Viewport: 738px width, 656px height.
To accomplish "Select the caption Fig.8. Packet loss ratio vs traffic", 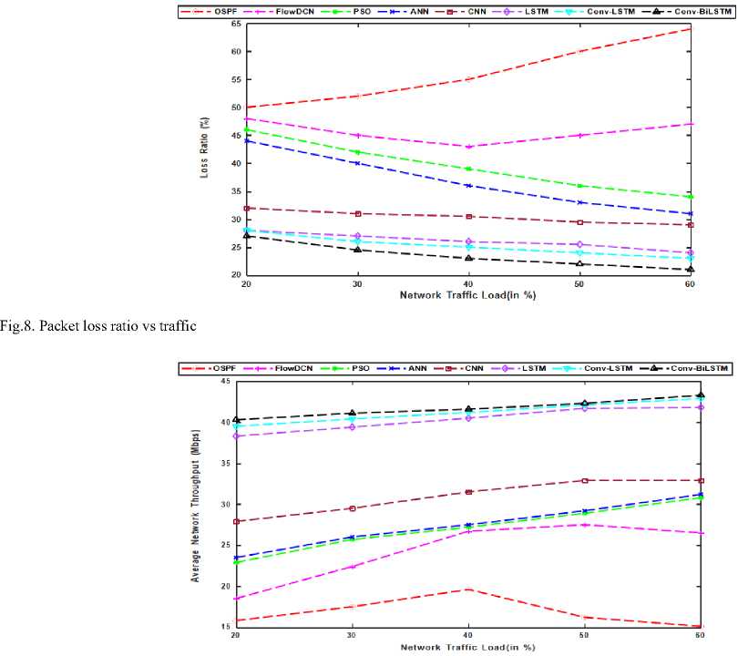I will pyautogui.click(x=98, y=326).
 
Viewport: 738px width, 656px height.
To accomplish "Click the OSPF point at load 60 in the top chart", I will pyautogui.click(x=691, y=29).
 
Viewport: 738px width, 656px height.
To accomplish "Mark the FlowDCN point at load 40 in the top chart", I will pyautogui.click(x=468, y=147).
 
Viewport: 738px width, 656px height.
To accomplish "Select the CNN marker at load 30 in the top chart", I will pyautogui.click(x=358, y=214).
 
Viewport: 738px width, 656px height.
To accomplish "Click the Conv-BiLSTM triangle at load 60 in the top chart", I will pyautogui.click(x=691, y=269).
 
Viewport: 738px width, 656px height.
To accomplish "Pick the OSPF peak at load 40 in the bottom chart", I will pyautogui.click(x=468, y=589).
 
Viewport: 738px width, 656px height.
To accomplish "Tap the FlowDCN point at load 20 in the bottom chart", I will pyautogui.click(x=237, y=599).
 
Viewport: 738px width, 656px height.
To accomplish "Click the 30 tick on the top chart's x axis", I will pyautogui.click(x=357, y=284).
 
